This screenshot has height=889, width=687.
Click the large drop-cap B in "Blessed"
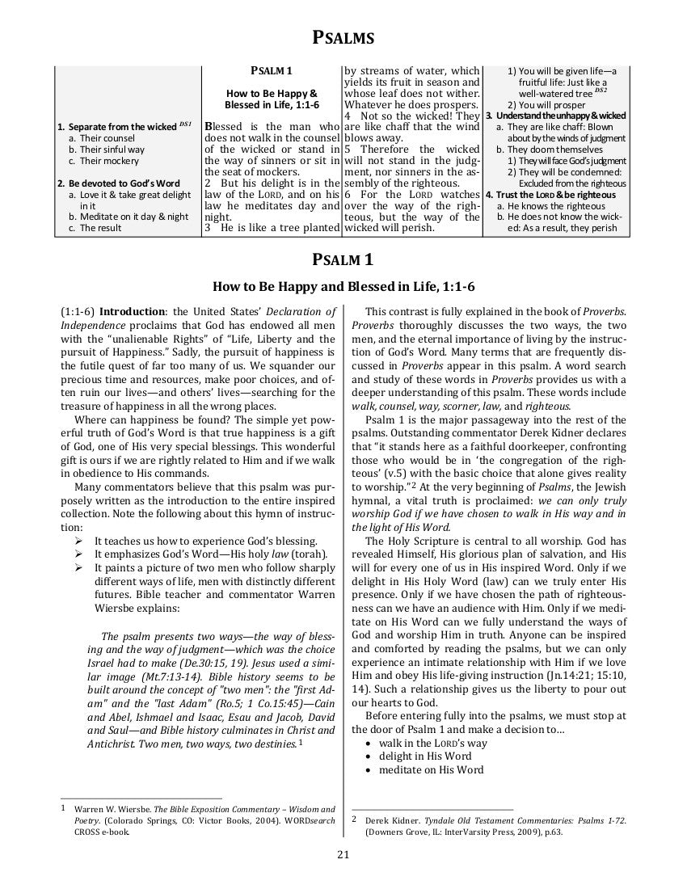(x=209, y=127)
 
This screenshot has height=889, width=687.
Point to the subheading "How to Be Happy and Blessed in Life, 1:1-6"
(x=343, y=285)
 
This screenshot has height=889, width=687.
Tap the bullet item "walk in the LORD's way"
(x=432, y=742)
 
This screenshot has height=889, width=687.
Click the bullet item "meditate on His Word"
(x=431, y=769)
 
